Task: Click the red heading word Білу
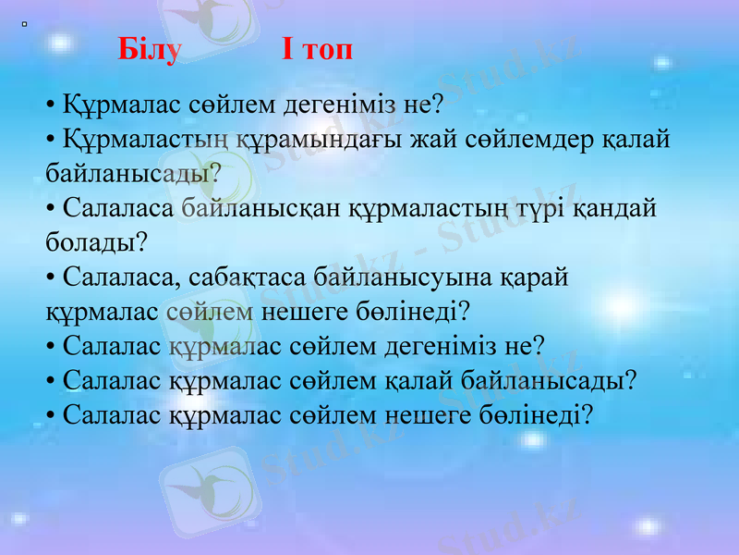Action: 150,50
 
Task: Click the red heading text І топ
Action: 317,50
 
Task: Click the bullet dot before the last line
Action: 51,415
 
